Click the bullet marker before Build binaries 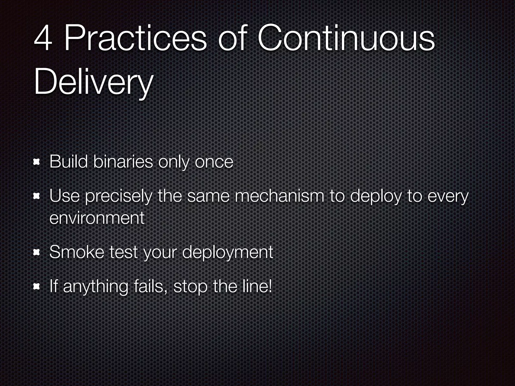(x=37, y=162)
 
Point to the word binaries (x=123, y=162)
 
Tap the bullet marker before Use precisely (x=37, y=197)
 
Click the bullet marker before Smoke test (x=37, y=252)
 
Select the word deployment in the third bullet (x=228, y=252)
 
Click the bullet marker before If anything (x=37, y=286)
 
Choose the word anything (x=96, y=287)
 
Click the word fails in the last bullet (x=151, y=286)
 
